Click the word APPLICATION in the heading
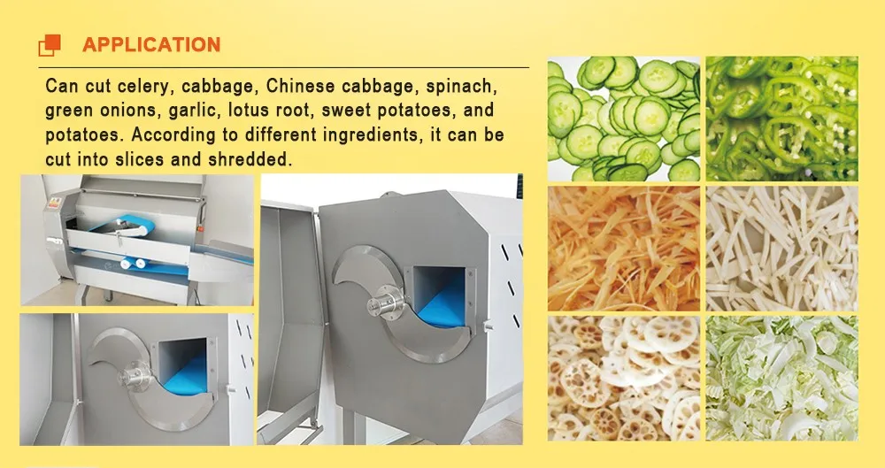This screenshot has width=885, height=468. pos(151,44)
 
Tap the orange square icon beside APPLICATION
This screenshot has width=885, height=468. pos(50,44)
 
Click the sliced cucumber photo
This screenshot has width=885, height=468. pos(623,119)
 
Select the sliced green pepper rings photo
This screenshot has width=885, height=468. pos(782,119)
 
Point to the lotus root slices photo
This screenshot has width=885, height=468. pos(623,378)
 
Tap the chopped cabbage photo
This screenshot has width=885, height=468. pos(782,378)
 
